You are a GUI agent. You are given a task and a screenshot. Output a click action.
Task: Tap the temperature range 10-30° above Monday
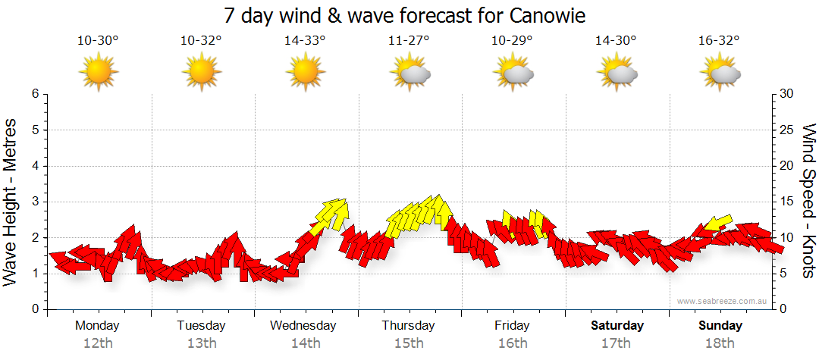pos(98,40)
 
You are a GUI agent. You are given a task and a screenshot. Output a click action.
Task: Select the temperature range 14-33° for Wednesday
pos(305,40)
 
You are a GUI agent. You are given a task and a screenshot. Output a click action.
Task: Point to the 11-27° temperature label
pos(409,40)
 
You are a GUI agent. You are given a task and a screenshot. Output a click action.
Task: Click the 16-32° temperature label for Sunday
pos(720,40)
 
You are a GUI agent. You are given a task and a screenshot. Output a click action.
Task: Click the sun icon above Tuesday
pos(202,73)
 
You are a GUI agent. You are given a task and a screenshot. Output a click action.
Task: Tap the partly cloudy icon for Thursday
pos(409,73)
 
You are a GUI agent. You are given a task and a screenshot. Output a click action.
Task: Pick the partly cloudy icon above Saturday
pos(617,73)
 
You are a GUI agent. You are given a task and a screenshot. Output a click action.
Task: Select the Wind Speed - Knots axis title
pos(808,202)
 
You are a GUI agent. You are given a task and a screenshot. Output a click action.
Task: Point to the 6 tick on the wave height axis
pos(35,94)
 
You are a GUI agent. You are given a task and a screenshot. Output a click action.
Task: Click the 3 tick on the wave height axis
pos(35,202)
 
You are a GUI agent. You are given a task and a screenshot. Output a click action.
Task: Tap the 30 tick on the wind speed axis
pos(787,94)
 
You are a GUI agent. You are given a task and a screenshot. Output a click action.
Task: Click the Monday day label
pos(98,326)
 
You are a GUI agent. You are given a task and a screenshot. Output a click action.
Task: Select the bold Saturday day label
pos(617,326)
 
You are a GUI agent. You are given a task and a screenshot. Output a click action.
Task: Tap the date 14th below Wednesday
pos(305,343)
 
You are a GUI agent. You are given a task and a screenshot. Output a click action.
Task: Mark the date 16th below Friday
pos(513,343)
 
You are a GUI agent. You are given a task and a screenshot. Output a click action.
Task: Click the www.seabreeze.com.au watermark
pos(723,302)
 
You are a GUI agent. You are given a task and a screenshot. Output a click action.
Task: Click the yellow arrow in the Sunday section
pos(717,223)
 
